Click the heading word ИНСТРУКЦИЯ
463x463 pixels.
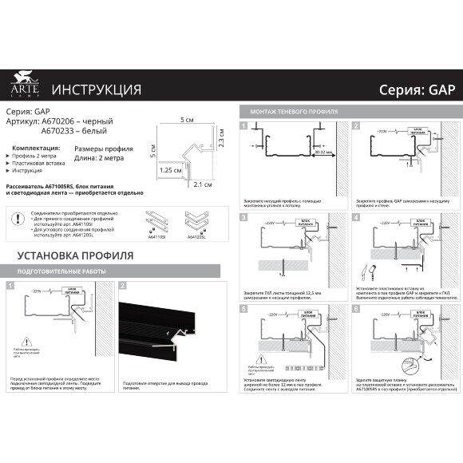[x=96, y=89]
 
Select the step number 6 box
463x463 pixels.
[x=357, y=308]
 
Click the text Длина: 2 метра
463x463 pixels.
[x=99, y=158]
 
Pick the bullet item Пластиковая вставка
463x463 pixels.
[x=40, y=162]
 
